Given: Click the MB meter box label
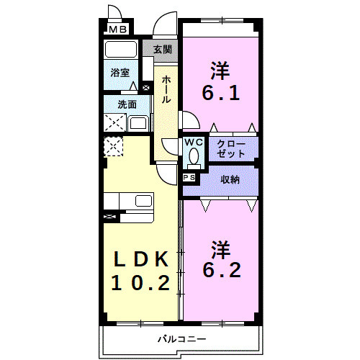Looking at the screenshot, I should point(118,30).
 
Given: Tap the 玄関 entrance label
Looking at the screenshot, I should point(163,50).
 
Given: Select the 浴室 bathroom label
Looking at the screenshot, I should point(120,73).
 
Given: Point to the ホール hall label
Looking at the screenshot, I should point(166,89).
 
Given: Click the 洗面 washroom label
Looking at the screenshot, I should point(127,104).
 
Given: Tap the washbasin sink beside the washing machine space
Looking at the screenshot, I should point(138,122).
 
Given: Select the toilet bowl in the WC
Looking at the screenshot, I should point(193,157).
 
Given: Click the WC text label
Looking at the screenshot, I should point(193,143).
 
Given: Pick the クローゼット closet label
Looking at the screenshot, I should point(232,149).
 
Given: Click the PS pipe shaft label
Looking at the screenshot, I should point(190,177).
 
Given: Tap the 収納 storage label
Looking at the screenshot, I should point(230,179).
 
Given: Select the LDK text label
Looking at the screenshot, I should point(140,258).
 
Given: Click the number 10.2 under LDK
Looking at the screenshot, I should point(140,282).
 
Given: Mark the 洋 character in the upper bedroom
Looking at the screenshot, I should point(220,71).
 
